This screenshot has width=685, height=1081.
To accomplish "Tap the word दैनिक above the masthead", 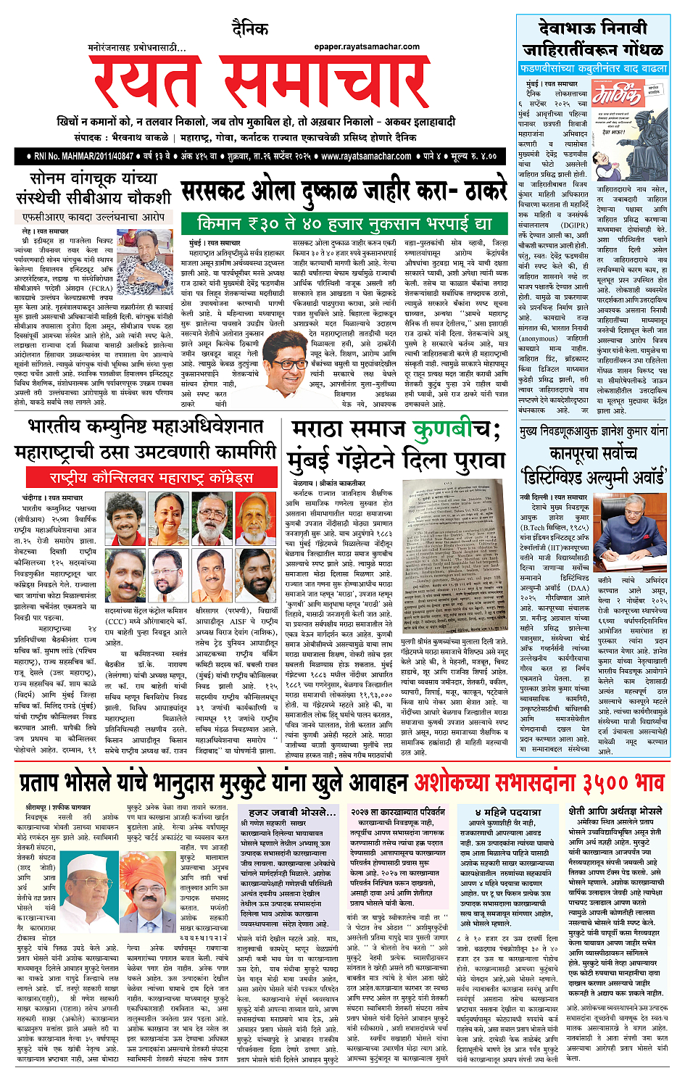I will (x=250, y=30).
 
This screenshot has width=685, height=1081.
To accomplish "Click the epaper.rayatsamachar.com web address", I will (x=367, y=46).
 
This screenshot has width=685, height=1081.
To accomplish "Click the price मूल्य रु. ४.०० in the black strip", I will (x=473, y=156).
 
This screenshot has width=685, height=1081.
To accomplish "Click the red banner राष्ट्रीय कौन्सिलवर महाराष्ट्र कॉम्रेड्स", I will (x=151, y=478).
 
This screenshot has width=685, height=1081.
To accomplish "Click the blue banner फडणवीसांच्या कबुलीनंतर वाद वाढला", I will (x=593, y=68).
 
